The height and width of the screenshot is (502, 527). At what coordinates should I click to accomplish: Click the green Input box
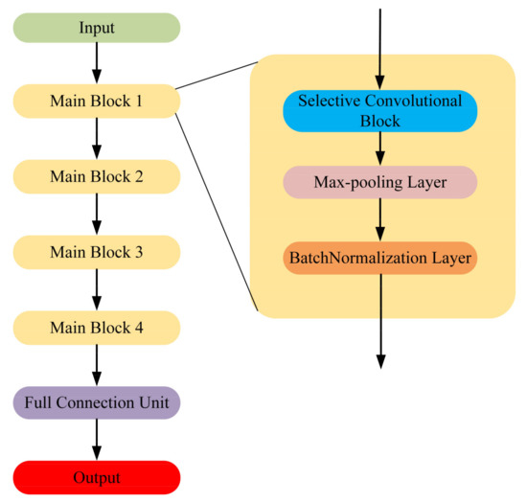[96, 28]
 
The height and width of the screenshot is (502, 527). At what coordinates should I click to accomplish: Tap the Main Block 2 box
[96, 176]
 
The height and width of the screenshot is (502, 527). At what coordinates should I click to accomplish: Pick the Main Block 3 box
[96, 252]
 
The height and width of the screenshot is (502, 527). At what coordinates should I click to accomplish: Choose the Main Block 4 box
[96, 328]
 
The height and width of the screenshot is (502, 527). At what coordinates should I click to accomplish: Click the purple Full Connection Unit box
[96, 402]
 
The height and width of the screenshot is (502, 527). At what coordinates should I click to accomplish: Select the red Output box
[96, 476]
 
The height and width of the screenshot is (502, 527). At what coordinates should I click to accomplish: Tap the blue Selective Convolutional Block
[380, 110]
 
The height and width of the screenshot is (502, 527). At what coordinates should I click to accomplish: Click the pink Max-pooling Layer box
[380, 181]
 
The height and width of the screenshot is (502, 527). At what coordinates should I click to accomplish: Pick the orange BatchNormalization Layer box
[380, 258]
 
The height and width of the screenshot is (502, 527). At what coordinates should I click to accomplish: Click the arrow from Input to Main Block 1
[96, 63]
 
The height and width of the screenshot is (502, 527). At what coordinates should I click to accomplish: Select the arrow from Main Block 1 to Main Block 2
[96, 139]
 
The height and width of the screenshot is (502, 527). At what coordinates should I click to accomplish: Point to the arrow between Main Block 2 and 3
[96, 214]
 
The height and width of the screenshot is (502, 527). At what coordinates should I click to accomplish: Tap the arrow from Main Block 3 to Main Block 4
[96, 289]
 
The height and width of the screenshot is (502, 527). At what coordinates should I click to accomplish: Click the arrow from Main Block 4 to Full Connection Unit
[96, 365]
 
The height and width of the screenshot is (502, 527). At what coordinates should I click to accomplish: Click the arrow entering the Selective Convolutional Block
[380, 48]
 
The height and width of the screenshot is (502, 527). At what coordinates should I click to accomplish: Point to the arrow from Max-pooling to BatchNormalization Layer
[380, 219]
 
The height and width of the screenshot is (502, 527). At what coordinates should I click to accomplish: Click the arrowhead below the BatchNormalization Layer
[380, 360]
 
